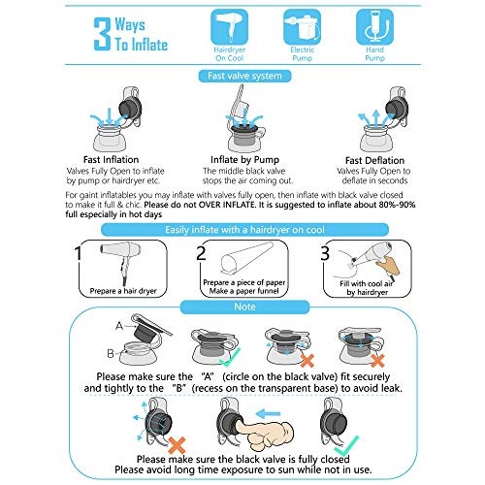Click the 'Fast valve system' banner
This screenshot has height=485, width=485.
242,76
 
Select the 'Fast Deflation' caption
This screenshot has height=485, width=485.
372,160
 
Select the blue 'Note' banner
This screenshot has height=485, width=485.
242,306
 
